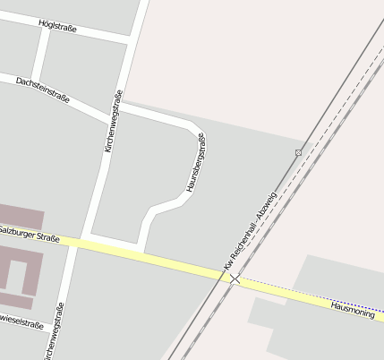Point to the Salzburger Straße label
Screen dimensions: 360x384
click(30, 235)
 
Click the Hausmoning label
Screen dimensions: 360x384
click(352, 309)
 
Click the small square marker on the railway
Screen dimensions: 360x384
click(299, 152)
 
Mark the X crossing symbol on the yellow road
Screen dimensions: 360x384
click(235, 279)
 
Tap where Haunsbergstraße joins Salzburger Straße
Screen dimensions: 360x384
click(141, 252)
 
